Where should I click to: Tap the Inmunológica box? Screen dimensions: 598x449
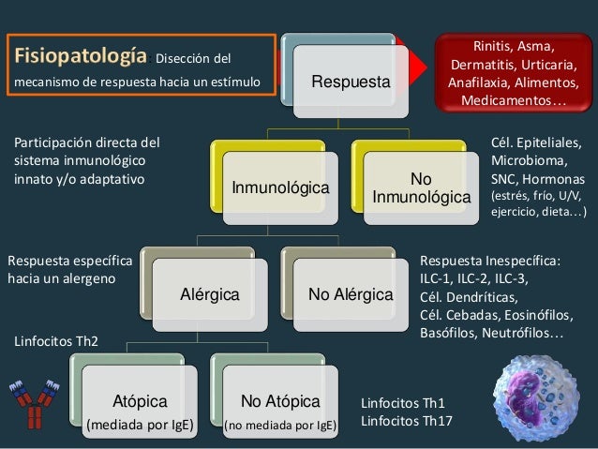coord(281,189)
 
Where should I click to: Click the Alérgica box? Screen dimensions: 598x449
coord(210,295)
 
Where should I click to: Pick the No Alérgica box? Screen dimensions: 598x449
coord(351,295)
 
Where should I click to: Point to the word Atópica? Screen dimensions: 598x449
coord(140,402)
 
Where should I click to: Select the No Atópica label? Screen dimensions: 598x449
coord(280,402)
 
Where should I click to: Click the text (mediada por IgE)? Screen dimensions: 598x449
coord(140,427)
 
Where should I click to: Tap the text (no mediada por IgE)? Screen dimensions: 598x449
coord(280,427)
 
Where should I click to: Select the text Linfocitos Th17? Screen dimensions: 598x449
coord(406,421)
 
